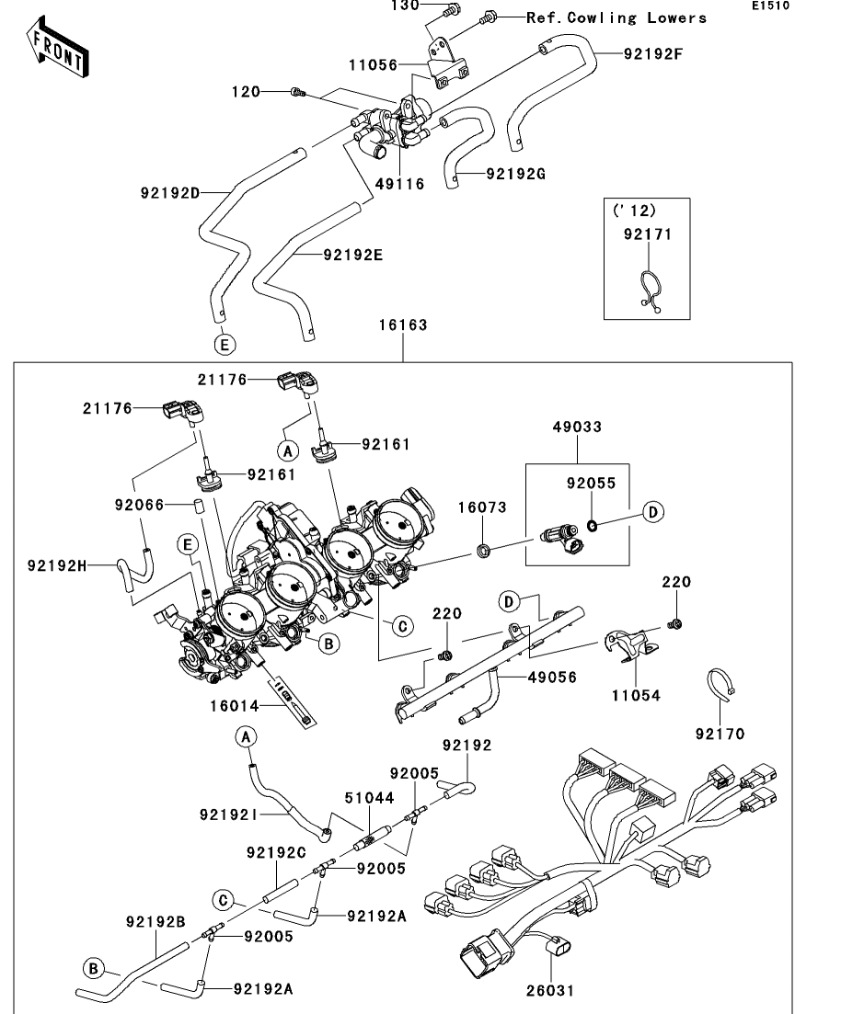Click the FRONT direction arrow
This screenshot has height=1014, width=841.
click(57, 48)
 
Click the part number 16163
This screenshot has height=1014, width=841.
click(403, 325)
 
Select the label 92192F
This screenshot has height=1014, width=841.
click(653, 53)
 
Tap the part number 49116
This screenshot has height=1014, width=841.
click(400, 184)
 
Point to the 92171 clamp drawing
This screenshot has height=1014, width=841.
click(650, 291)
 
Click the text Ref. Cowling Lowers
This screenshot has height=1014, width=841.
click(616, 18)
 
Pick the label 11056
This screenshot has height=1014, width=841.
click(373, 64)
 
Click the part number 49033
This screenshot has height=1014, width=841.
click(577, 427)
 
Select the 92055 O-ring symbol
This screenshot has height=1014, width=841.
click(592, 525)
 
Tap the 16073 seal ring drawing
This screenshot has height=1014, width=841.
click(484, 551)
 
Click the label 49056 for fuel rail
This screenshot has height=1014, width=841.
click(552, 678)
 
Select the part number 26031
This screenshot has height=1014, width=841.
click(550, 990)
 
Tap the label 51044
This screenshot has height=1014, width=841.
click(369, 798)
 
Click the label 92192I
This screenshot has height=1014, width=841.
click(228, 815)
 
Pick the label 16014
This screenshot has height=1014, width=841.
click(235, 706)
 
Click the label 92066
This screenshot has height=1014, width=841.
click(139, 505)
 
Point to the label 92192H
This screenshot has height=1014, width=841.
click(57, 566)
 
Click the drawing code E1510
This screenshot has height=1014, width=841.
click(770, 6)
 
